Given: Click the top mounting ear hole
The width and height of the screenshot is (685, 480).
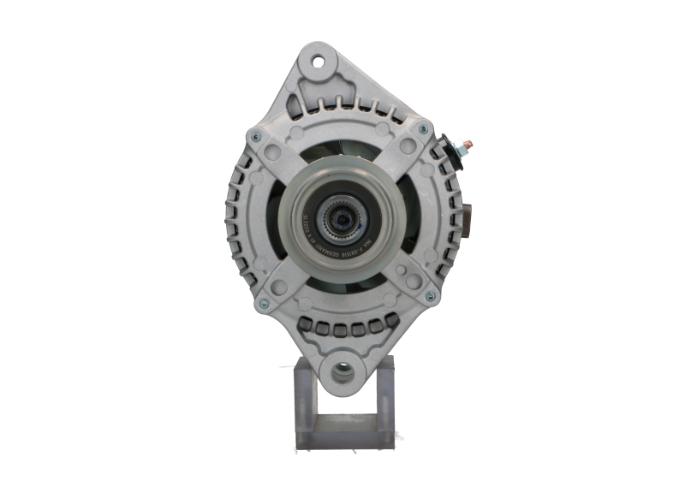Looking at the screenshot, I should tap(318, 62).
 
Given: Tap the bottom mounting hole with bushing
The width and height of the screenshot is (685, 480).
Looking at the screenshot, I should tap(342, 371).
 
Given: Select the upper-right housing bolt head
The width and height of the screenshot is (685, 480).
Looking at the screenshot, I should tap(420, 129).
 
